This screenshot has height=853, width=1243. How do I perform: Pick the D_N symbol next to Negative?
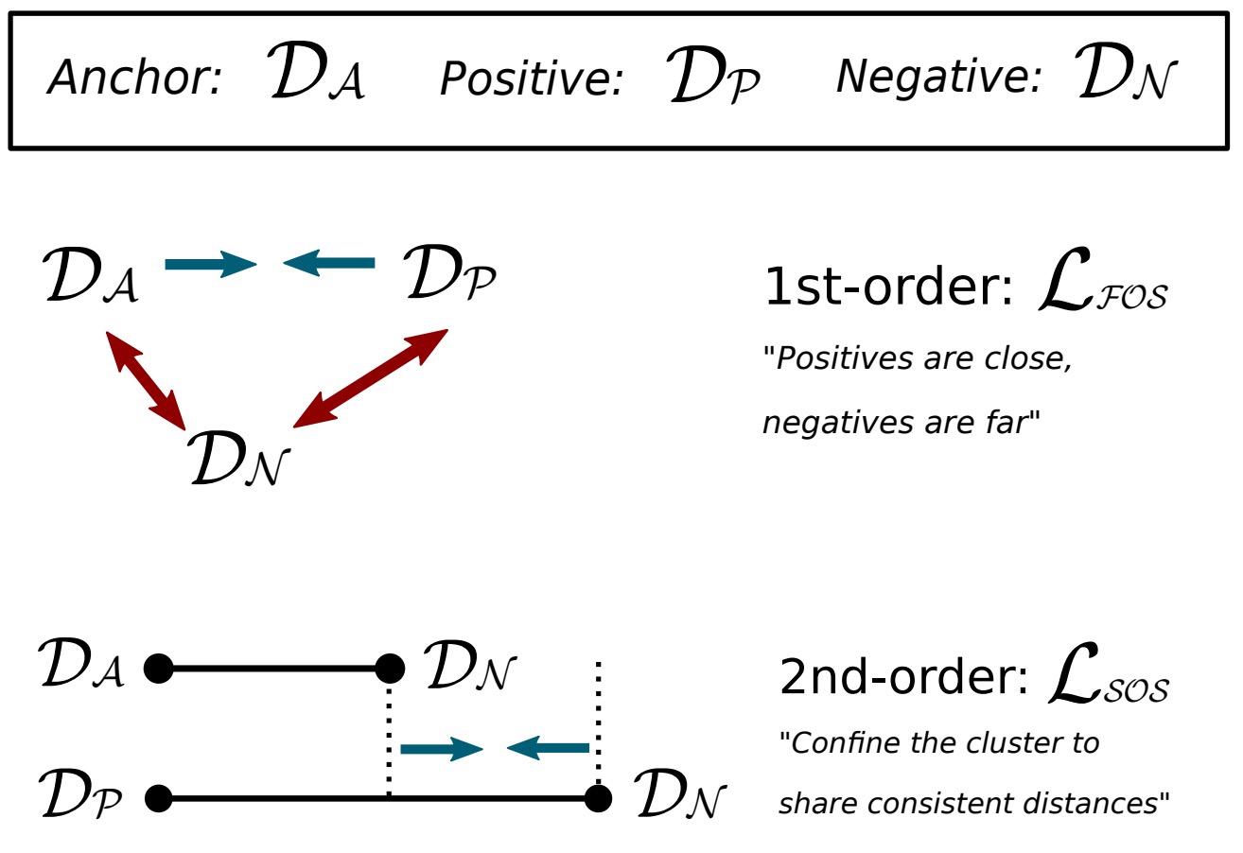click(1126, 75)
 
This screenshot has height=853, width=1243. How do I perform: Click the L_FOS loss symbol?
click(1102, 288)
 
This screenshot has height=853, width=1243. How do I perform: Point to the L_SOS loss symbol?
click(1109, 680)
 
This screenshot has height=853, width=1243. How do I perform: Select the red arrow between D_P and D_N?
click(370, 378)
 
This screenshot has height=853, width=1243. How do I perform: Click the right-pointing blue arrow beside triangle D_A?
click(210, 264)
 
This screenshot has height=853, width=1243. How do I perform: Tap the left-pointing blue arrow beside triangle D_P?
click(329, 263)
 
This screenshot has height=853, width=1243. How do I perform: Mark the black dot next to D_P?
click(158, 799)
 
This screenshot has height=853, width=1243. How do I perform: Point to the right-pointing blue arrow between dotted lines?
click(442, 749)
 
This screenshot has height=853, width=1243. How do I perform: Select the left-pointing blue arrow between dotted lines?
click(549, 749)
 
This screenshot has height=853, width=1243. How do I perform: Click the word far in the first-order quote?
click(1006, 423)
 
